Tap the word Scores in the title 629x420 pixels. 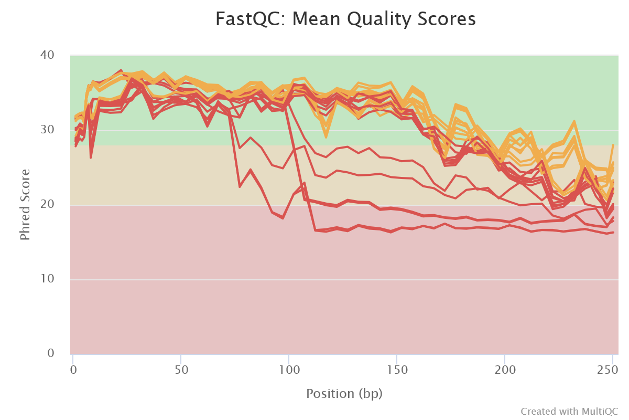pyautogui.click(x=450, y=19)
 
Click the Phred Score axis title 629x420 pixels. pyautogui.click(x=25, y=204)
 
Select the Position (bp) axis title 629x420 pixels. pyautogui.click(x=344, y=393)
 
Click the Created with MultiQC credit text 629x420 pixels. pyautogui.click(x=569, y=411)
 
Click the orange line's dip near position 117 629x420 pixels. pyautogui.click(x=326, y=136)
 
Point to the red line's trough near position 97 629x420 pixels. pyautogui.click(x=283, y=217)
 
